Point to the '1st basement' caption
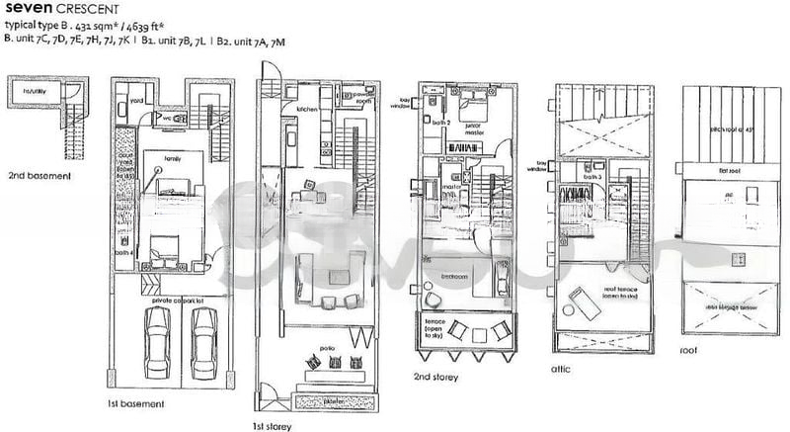pyautogui.click(x=134, y=404)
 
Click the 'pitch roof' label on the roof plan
pyautogui.click(x=729, y=130)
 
